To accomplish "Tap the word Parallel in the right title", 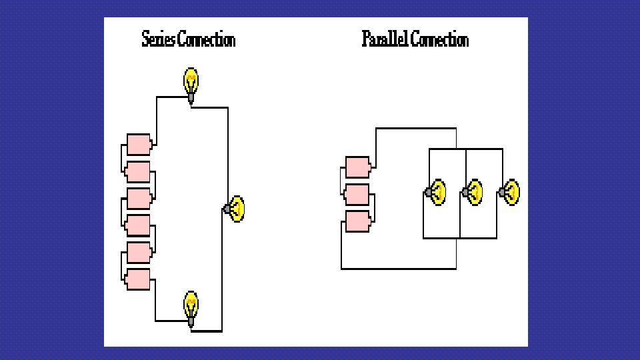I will pos(385,40).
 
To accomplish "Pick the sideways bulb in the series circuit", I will pos(236,209).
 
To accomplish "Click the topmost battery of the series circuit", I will pos(139,145).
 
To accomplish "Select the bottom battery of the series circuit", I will pos(139,280).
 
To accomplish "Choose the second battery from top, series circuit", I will pos(139,172).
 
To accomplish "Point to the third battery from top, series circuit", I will pos(139,199).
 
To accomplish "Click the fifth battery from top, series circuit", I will pos(139,253).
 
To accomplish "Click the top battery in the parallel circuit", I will pos(358,167).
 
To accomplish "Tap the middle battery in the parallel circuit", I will pos(358,194).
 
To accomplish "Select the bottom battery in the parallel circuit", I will pos(358,221).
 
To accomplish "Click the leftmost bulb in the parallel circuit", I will pos(437,193).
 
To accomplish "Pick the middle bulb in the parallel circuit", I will pos(473,193).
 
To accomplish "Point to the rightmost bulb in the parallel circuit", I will pos(511,193).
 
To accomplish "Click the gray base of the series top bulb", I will pos(191,97).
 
